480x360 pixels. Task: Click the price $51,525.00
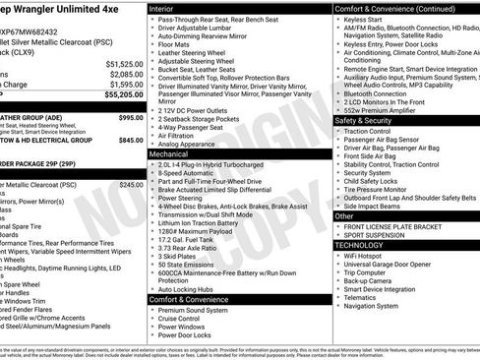click(x=124, y=63)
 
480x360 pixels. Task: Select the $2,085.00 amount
click(x=126, y=75)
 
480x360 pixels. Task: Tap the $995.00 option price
click(x=131, y=117)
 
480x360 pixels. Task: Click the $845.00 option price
click(x=131, y=140)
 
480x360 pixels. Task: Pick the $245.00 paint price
click(x=131, y=184)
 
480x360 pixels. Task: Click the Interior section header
click(x=162, y=8)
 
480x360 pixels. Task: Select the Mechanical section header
click(x=169, y=154)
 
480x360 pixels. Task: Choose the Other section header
click(x=345, y=215)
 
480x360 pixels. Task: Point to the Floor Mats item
click(x=175, y=44)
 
